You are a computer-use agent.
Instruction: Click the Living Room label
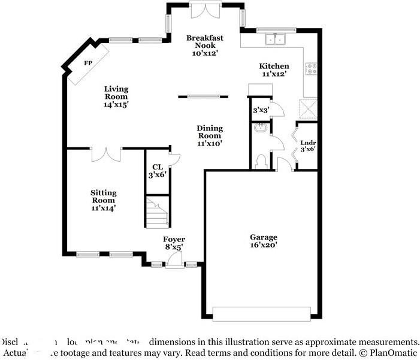point(116,96)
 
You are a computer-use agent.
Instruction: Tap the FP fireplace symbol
point(88,63)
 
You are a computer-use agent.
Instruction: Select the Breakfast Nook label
point(204,45)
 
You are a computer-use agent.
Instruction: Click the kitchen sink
point(276,40)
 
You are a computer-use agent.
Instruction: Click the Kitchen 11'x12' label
point(274,70)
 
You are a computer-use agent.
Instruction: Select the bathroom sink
point(261,128)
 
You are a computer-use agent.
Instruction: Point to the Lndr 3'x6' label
point(308,146)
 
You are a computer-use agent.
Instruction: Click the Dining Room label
point(210,135)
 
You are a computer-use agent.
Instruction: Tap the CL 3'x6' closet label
point(157,171)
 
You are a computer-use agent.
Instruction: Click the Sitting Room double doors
point(106,154)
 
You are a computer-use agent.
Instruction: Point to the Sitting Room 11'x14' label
point(103,200)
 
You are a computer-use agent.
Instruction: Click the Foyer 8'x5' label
point(174,243)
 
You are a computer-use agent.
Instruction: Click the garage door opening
point(262,314)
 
